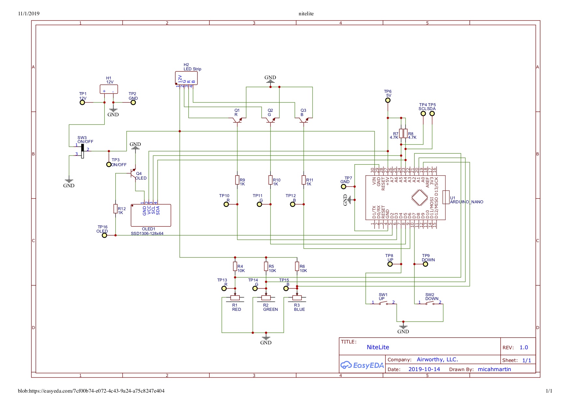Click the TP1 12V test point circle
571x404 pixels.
point(82,102)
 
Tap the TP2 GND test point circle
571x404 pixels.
point(133,102)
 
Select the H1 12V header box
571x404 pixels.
point(109,89)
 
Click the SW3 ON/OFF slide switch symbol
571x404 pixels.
point(82,151)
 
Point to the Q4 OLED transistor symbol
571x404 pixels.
point(133,174)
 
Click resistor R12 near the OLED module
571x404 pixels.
point(115,209)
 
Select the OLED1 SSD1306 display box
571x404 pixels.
point(151,215)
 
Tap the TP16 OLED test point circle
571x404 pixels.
point(104,235)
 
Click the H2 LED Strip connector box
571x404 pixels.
point(186,78)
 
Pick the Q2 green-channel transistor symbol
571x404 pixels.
point(270,120)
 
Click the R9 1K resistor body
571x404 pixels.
point(237,180)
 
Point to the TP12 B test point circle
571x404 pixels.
point(293,204)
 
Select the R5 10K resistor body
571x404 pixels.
point(266,267)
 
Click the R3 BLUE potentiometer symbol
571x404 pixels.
point(297,297)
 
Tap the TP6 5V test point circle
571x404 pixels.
point(388,100)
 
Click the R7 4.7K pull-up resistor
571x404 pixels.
point(401,133)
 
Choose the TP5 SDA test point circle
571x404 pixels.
point(432,113)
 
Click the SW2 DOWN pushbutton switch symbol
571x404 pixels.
point(430,303)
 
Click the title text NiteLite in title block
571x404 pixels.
point(378,347)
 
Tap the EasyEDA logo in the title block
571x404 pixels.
point(362,365)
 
